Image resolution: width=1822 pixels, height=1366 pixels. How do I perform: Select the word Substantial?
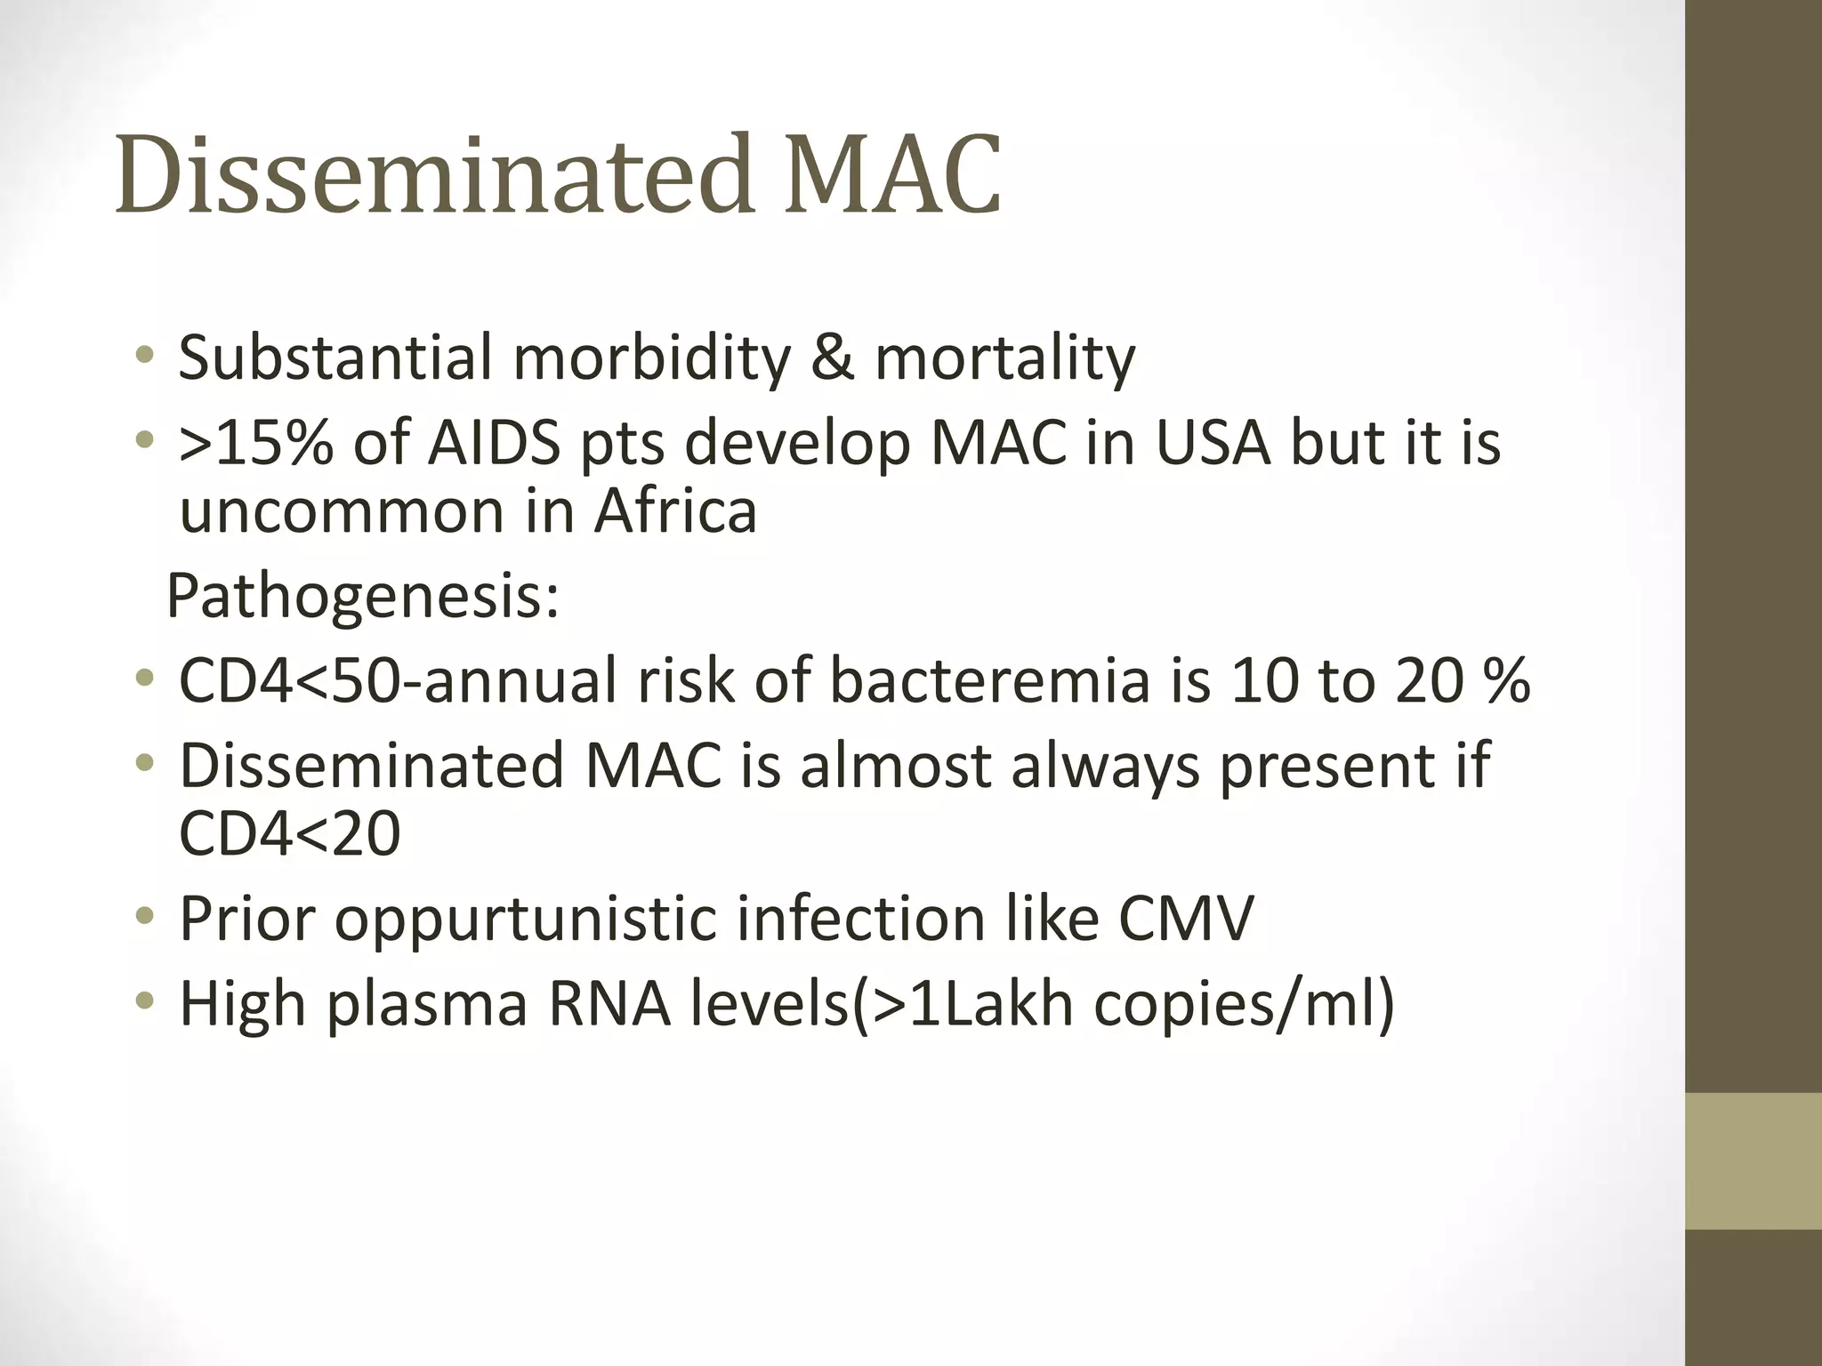pyautogui.click(x=335, y=358)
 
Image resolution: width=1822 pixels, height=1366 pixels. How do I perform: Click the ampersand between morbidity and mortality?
pyautogui.click(x=832, y=358)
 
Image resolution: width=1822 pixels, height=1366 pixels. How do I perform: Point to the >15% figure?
pyautogui.click(x=256, y=442)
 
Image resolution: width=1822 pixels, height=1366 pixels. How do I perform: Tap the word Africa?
pyautogui.click(x=675, y=511)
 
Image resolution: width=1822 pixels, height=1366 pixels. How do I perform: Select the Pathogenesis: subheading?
pyautogui.click(x=363, y=595)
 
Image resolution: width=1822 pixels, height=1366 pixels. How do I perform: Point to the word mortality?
pyautogui.click(x=1004, y=358)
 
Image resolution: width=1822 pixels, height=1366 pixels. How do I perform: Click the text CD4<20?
pyautogui.click(x=289, y=833)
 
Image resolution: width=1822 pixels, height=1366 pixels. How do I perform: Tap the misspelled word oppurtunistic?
pyautogui.click(x=525, y=918)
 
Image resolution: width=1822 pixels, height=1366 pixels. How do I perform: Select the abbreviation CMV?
pyautogui.click(x=1185, y=918)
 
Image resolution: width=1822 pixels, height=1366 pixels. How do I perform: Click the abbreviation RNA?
pyautogui.click(x=609, y=1003)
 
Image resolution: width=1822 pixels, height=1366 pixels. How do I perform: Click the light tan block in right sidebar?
pyautogui.click(x=1753, y=1161)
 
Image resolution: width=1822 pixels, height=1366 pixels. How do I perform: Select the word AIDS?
pyautogui.click(x=494, y=442)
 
